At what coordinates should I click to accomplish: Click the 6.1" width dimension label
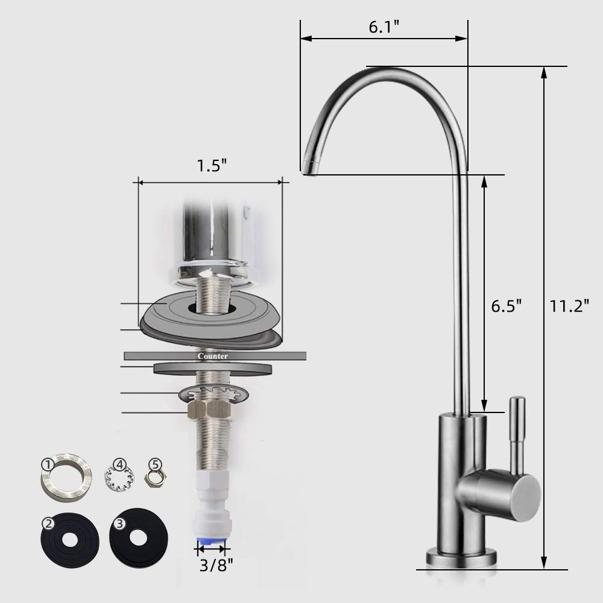[x=384, y=27]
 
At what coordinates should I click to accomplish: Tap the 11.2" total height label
[x=569, y=306]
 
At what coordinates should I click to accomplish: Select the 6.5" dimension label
[x=507, y=306]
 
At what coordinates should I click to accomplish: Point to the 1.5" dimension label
[x=212, y=166]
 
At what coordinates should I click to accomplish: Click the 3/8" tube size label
[x=216, y=565]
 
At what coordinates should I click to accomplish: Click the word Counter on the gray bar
[x=213, y=356]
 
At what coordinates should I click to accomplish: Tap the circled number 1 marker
[x=47, y=465]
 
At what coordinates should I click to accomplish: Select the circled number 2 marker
[x=48, y=524]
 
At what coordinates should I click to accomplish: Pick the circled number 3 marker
[x=119, y=523]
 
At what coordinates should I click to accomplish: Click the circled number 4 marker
[x=119, y=464]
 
